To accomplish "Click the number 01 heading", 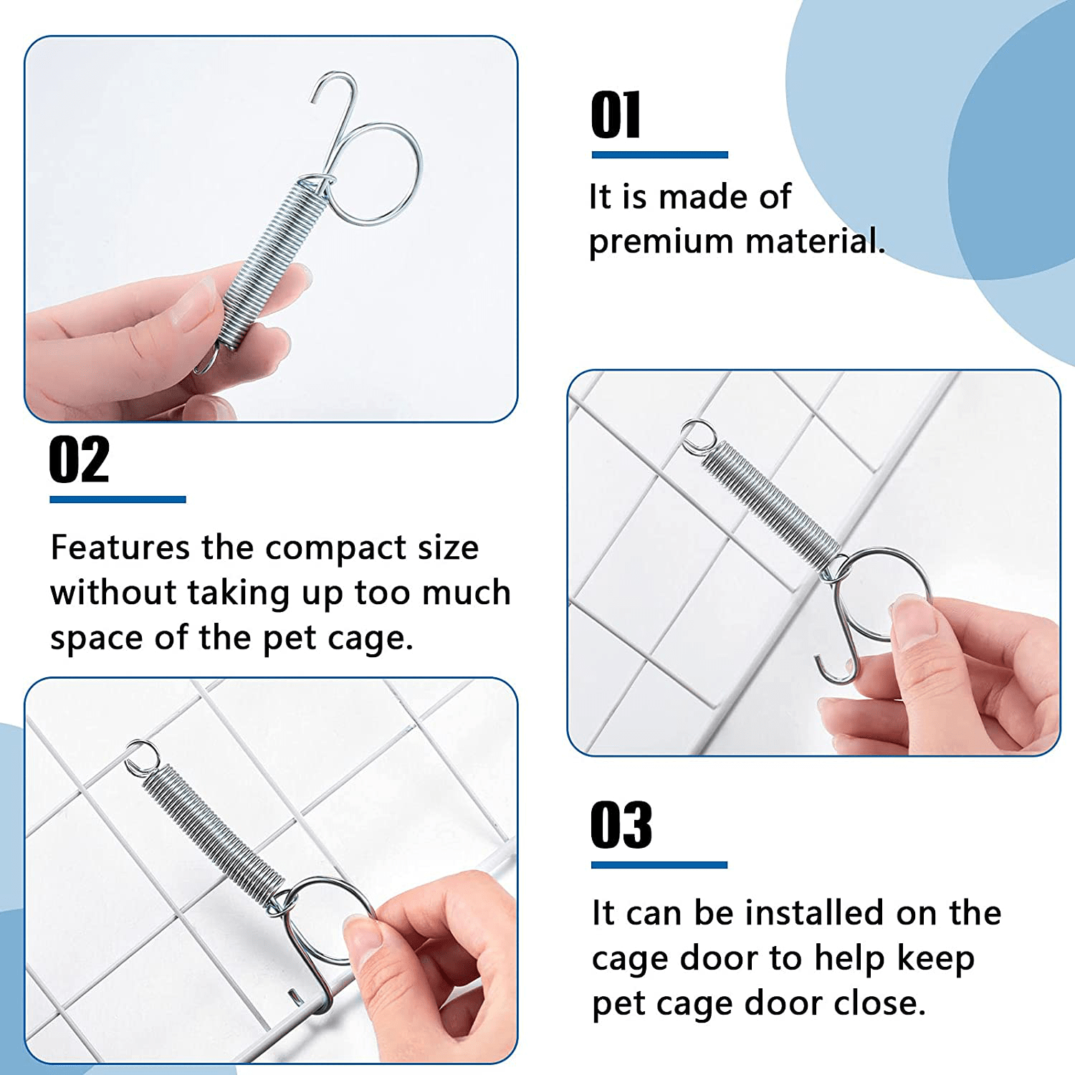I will tap(616, 116).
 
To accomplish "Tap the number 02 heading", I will tap(79, 460).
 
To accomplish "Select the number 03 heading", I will tap(621, 826).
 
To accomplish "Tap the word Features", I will tap(120, 548).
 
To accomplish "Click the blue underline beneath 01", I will tap(659, 155).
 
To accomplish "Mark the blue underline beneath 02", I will tap(118, 500).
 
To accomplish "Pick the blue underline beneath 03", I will tap(659, 865).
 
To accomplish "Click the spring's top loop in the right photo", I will tap(697, 436).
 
